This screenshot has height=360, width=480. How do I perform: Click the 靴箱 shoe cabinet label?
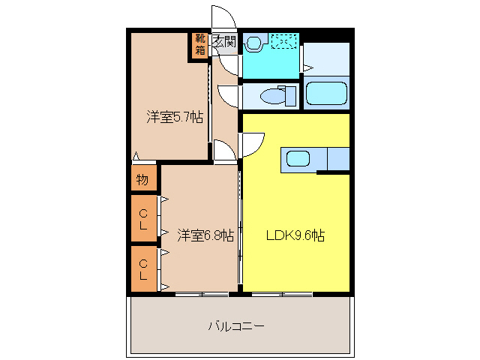[x=200, y=45]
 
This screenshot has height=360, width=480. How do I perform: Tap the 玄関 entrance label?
[x=224, y=42]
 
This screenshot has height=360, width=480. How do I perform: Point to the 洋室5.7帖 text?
[x=174, y=117]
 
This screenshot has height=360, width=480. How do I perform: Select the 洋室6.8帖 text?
[x=205, y=235]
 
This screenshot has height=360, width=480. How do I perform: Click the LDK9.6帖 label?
[x=295, y=235]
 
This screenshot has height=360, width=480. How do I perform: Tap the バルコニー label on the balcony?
[x=236, y=326]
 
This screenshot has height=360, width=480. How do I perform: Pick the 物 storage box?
[x=142, y=180]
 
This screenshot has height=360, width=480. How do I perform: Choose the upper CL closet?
[x=142, y=218]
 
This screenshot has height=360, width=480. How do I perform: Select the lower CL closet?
[x=142, y=268]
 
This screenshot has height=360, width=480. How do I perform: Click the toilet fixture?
[x=277, y=95]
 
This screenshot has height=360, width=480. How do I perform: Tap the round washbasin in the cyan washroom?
[x=253, y=43]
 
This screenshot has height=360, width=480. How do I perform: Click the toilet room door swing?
[x=228, y=96]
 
